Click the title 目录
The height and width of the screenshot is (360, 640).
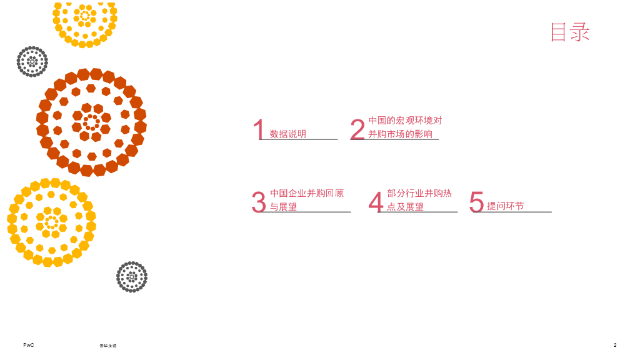point(569,32)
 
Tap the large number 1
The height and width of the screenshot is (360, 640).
point(259,130)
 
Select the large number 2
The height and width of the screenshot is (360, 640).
point(357,130)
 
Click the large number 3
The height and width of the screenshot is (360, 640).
point(259,202)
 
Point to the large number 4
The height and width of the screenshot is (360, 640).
point(376,202)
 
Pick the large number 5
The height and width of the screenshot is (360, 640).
point(476,202)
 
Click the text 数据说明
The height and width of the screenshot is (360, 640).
point(288,134)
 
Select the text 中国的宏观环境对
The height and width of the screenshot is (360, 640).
point(405,120)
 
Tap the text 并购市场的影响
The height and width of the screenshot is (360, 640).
point(400,134)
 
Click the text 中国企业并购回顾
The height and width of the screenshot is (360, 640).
point(307,193)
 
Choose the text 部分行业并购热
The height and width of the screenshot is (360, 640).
point(419,193)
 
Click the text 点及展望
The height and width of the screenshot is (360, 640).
point(405,206)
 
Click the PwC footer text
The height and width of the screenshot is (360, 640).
point(28,345)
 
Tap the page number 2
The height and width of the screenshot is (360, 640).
point(615,345)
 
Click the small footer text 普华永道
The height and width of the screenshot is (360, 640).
point(108,346)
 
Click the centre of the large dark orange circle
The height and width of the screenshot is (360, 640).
point(91,122)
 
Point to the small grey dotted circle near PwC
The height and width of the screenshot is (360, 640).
point(132,277)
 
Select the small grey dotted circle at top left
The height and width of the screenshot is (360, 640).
point(32,61)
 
